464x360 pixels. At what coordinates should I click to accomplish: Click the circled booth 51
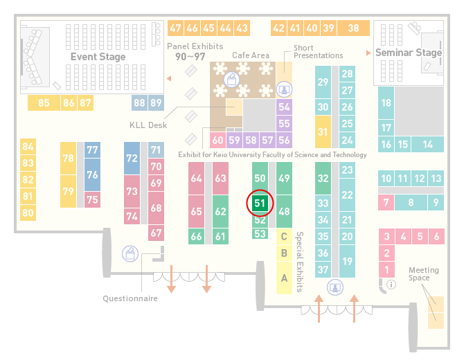[x=260, y=204]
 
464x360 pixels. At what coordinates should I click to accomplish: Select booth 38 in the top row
[x=354, y=28]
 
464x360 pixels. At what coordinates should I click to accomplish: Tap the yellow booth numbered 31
[x=323, y=132]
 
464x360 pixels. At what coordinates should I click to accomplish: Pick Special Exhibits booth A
[x=284, y=278]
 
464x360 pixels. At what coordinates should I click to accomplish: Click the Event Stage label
[x=98, y=57]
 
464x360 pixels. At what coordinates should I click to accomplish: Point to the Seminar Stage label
[x=409, y=53]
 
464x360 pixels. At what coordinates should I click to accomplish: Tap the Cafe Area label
[x=251, y=55]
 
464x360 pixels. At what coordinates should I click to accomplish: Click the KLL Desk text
[x=148, y=125]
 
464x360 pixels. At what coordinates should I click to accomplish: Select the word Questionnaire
[x=130, y=298]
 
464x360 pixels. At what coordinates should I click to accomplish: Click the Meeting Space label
[x=423, y=274]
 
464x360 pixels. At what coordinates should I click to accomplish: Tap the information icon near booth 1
[x=391, y=285]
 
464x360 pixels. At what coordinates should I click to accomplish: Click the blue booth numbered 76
[x=92, y=174]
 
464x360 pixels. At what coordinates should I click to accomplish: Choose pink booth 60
[x=217, y=140]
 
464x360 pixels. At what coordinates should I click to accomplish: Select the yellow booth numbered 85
[x=44, y=102]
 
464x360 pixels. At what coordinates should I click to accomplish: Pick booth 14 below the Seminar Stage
[x=427, y=145]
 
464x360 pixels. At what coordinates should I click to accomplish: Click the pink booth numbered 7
[x=386, y=203]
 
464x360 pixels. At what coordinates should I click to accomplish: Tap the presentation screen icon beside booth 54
[x=284, y=89]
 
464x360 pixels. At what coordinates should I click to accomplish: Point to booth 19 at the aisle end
[x=347, y=261]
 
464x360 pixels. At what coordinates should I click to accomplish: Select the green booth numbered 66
[x=196, y=236]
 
